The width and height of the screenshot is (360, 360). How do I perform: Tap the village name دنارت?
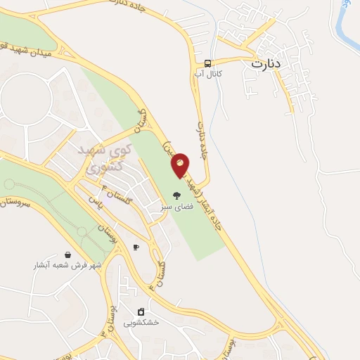click(x=266, y=63)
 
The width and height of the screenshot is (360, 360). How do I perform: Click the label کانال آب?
click(x=209, y=73)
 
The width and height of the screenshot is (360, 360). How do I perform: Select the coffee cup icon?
click(x=136, y=247)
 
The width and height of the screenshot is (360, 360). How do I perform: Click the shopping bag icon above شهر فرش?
click(x=67, y=255)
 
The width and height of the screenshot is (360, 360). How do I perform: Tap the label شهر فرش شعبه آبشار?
click(x=68, y=266)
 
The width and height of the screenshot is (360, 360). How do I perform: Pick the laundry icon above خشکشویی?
click(x=141, y=311)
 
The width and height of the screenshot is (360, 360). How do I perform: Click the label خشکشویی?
click(x=141, y=323)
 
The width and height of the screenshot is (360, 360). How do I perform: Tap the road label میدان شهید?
click(x=28, y=49)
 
